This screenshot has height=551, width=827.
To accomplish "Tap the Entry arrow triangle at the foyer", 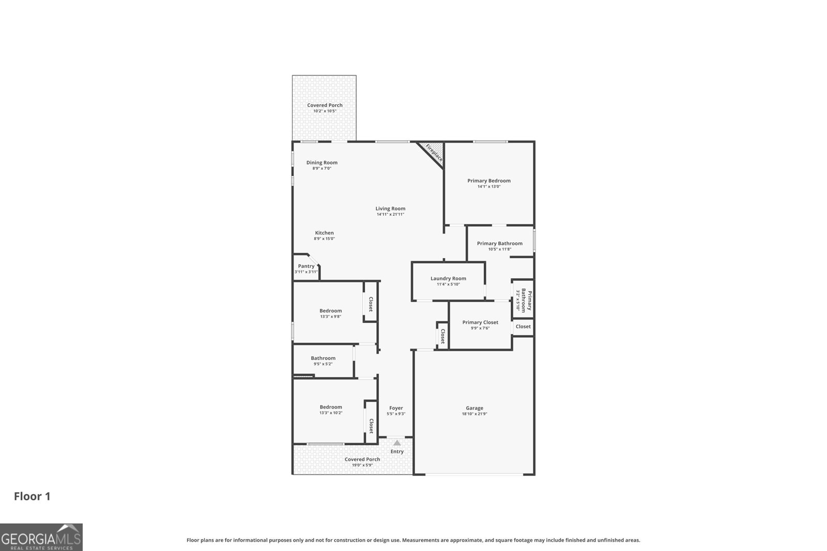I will pos(397,443).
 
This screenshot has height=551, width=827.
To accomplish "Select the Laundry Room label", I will pos(448,278).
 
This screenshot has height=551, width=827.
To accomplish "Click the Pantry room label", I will pos(306,266).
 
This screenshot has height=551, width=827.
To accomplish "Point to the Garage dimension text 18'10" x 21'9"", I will pos(474,414).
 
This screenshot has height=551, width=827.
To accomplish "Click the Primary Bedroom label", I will pos(488,181).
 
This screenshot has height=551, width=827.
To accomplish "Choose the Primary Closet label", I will pos(480,322).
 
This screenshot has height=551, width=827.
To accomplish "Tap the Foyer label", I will pos(396,408).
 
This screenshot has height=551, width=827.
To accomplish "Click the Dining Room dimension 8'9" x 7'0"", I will pos(321,168).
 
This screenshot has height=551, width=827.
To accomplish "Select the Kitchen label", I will pos(324,233).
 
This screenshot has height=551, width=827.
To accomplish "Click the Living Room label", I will pos(390,209).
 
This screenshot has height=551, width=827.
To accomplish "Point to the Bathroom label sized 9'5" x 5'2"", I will pos(323,358).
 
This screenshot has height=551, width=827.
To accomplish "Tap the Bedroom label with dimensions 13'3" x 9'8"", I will pos(330,311).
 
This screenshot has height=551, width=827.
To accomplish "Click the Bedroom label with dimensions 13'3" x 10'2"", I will pos(330,407).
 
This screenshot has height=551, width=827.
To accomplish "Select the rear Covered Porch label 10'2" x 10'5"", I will pos(325,105).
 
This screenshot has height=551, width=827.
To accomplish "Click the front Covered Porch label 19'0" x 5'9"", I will pos(362,459).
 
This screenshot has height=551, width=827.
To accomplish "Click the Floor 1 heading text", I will pos(32,496).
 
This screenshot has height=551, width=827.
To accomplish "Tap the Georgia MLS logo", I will pos(41,537).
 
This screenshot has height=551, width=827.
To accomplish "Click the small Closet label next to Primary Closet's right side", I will pos(523,326).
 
